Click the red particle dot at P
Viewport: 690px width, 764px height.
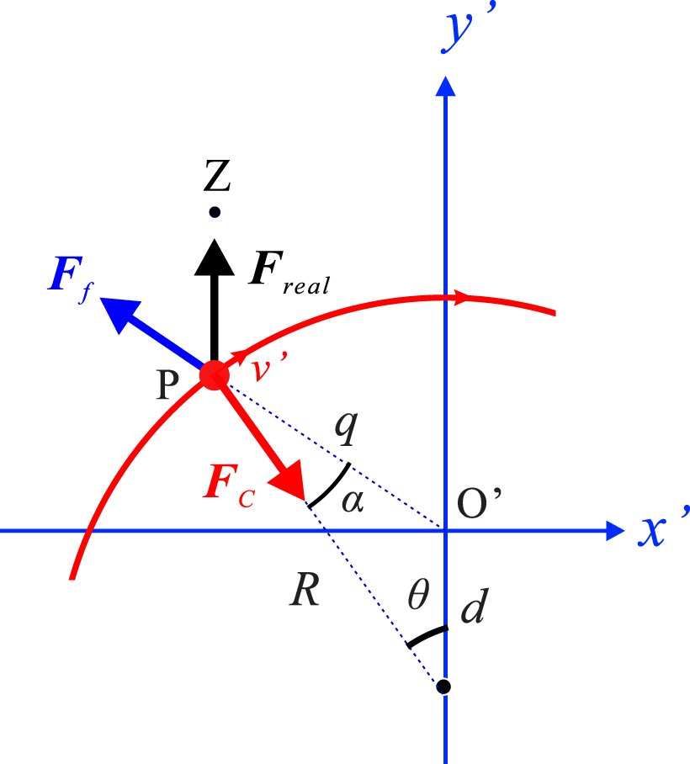click(213, 375)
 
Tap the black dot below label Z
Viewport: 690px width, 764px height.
click(215, 212)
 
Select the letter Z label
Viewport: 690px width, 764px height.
click(216, 177)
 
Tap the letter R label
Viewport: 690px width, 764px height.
click(304, 591)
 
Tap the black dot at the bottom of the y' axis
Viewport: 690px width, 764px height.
click(444, 687)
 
